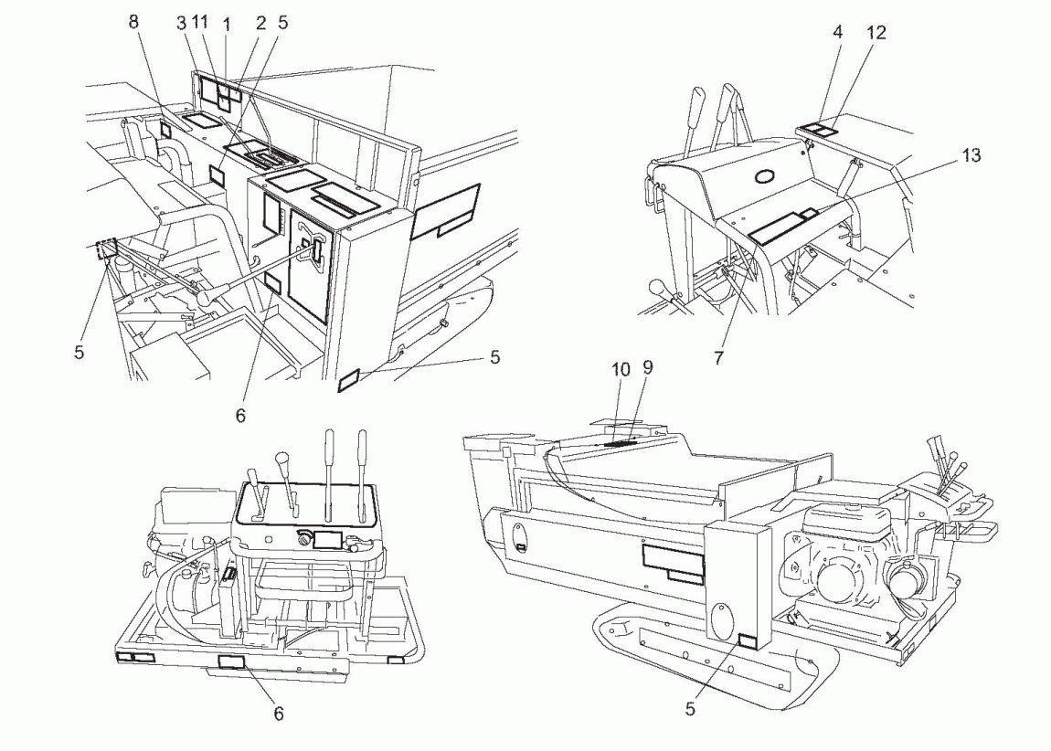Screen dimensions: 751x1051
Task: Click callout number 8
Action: (x=134, y=21)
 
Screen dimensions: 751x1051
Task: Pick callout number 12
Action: (x=876, y=32)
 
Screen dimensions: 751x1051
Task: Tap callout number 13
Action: (x=970, y=155)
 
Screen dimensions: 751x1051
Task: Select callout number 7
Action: (x=718, y=358)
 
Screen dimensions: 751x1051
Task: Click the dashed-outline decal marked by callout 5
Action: (x=105, y=249)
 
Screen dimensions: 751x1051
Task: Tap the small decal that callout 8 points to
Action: (x=166, y=131)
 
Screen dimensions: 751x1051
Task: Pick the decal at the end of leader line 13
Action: (x=807, y=214)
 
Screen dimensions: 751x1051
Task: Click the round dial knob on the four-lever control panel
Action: (x=303, y=539)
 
